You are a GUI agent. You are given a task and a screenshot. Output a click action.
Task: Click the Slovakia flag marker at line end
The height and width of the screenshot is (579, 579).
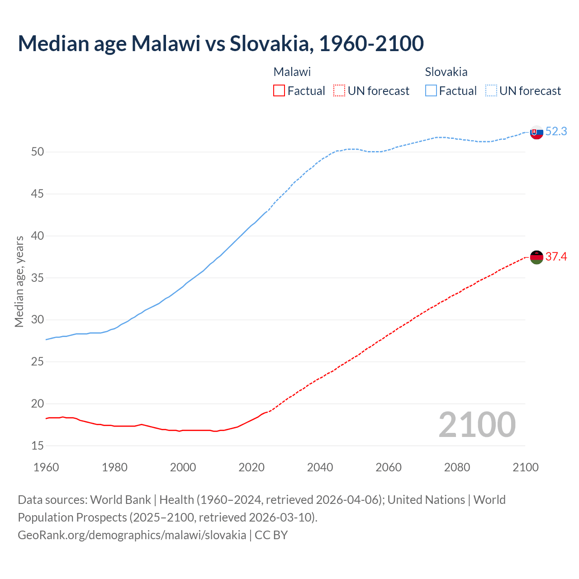536,133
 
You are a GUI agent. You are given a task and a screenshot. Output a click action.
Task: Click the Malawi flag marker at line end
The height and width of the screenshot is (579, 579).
536,257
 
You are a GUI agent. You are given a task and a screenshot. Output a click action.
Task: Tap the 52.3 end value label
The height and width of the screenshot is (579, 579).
556,131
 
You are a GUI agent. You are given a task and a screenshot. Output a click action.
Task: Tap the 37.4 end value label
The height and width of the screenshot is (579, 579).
556,256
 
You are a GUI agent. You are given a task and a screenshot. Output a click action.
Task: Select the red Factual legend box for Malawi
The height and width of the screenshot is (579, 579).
279,91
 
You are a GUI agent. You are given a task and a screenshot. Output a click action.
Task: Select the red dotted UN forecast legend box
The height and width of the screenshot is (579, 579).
339,91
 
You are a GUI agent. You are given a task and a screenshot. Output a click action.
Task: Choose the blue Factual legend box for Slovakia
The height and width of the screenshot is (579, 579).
431,91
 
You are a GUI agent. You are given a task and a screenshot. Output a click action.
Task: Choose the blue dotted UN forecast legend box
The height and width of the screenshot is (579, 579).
491,91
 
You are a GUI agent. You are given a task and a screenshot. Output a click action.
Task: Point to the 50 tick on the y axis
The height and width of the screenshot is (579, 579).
38,152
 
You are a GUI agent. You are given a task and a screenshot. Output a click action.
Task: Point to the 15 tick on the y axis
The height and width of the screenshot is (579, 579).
38,446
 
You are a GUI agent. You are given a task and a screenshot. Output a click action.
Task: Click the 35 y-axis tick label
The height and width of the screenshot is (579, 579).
38,278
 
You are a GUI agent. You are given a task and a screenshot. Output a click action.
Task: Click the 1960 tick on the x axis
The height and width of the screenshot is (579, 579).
46,467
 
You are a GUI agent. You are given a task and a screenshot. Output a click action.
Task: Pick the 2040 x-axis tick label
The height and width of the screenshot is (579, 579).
320,467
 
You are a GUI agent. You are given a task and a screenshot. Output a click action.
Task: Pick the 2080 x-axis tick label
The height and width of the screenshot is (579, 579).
457,467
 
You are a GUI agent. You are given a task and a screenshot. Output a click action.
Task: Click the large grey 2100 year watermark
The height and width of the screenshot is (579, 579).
477,424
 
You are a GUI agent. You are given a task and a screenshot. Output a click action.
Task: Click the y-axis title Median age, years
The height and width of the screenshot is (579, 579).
19,281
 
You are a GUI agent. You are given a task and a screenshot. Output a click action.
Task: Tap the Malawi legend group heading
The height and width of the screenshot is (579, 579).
292,72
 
